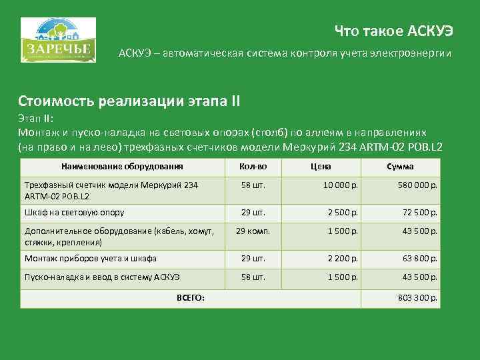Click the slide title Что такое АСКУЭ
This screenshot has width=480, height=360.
(x=393, y=30)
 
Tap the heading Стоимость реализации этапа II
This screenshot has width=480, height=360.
(x=129, y=102)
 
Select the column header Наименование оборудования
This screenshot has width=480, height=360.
(x=122, y=167)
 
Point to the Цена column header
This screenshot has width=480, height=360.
(x=321, y=167)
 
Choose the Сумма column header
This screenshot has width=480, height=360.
(x=400, y=167)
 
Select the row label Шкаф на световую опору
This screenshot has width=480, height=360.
(x=74, y=213)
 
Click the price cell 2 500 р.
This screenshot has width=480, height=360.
(x=343, y=213)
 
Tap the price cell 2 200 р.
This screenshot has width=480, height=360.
(x=343, y=258)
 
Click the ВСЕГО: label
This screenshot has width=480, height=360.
(x=191, y=297)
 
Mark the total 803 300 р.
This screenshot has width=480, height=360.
(x=417, y=297)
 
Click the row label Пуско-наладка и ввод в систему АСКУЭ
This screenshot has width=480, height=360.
(x=102, y=276)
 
